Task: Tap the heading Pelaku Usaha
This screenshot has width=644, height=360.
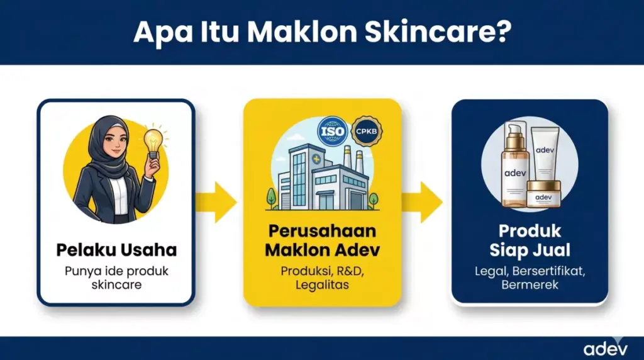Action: coord(116,250)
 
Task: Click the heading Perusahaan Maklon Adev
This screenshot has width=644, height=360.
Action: coord(323,240)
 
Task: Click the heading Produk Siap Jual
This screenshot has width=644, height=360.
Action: coord(530,240)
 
